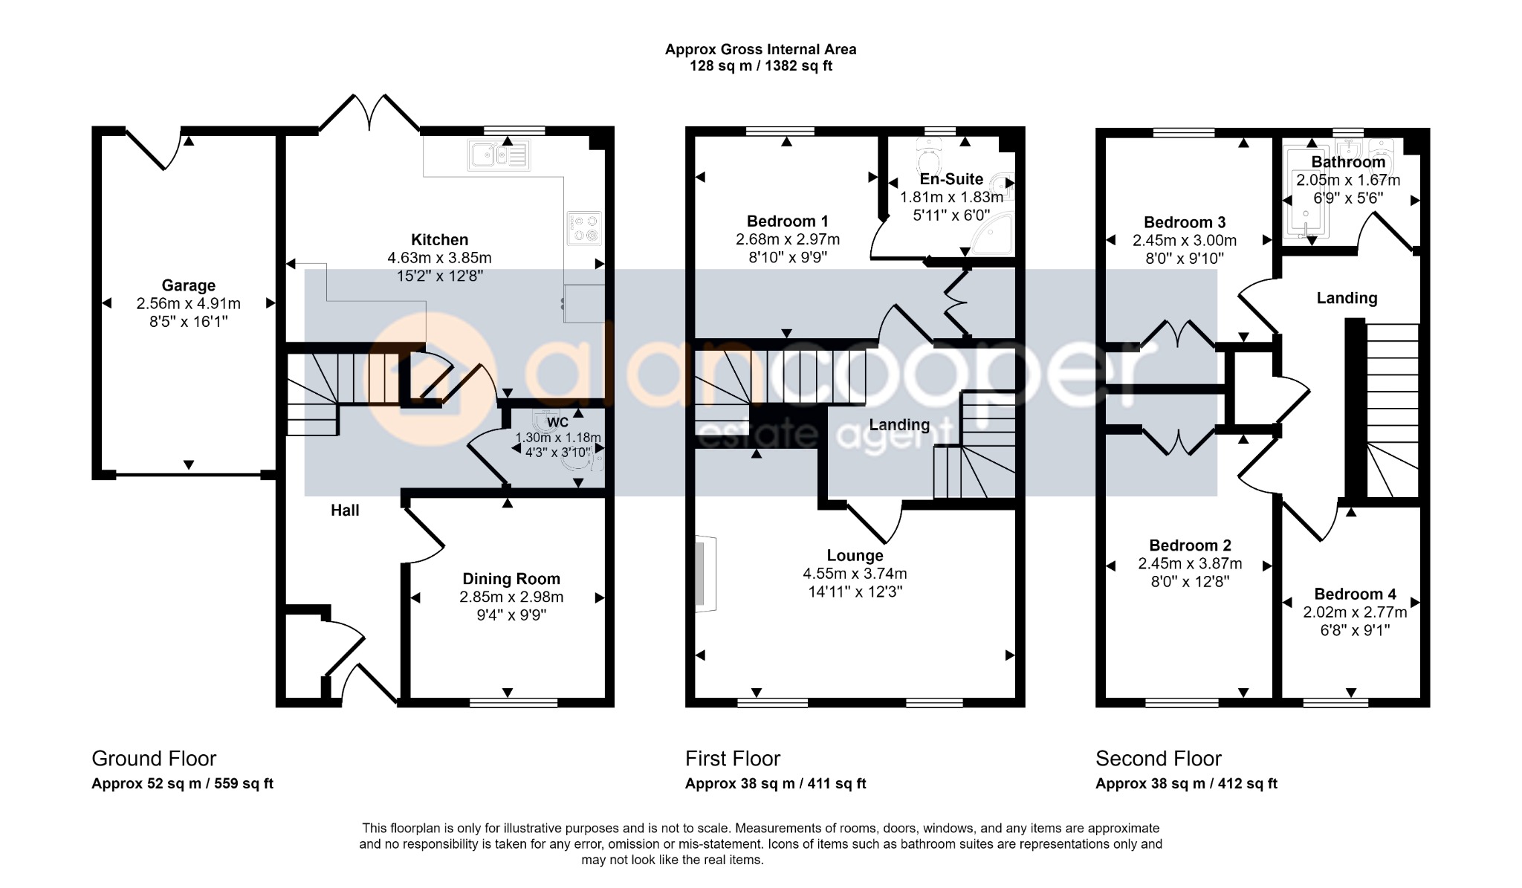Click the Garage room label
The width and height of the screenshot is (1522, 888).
click(189, 285)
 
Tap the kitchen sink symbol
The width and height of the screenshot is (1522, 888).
click(499, 155)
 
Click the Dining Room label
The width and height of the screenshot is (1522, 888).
click(511, 579)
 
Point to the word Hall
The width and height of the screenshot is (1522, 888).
click(345, 510)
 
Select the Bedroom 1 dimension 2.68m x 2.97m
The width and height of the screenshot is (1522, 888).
click(788, 239)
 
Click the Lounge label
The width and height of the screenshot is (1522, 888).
click(855, 556)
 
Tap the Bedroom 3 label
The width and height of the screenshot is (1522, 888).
click(1185, 222)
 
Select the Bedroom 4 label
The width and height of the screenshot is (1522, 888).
click(1356, 594)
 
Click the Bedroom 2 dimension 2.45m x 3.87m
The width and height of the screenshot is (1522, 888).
click(1190, 564)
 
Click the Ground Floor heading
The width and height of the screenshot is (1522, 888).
click(154, 759)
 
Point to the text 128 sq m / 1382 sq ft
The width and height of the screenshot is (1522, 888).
click(761, 66)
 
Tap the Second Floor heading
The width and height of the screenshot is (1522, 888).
click(1159, 759)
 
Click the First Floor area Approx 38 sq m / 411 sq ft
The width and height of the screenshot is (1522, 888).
click(776, 783)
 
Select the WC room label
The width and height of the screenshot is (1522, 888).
click(557, 423)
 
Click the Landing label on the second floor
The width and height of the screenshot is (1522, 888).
click(1347, 298)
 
